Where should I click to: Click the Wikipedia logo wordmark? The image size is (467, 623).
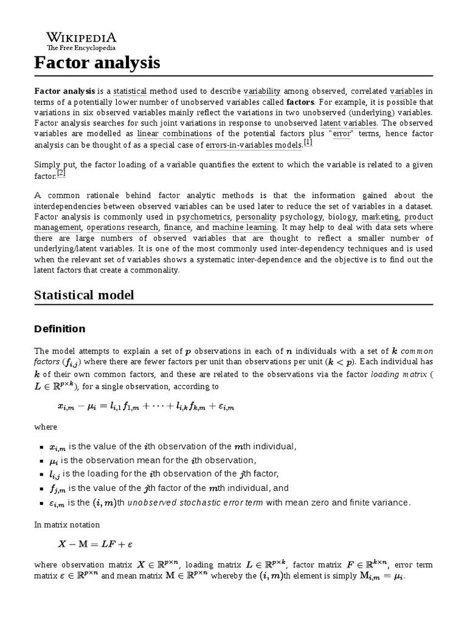click(81, 37)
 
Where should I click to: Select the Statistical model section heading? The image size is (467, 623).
click(84, 295)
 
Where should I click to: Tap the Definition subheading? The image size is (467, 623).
click(60, 329)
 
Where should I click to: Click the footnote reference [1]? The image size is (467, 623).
click(308, 143)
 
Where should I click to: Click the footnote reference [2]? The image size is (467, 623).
click(61, 173)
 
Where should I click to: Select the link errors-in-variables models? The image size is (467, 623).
click(253, 145)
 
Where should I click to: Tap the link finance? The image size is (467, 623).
click(177, 227)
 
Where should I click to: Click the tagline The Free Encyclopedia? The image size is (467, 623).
click(81, 47)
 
